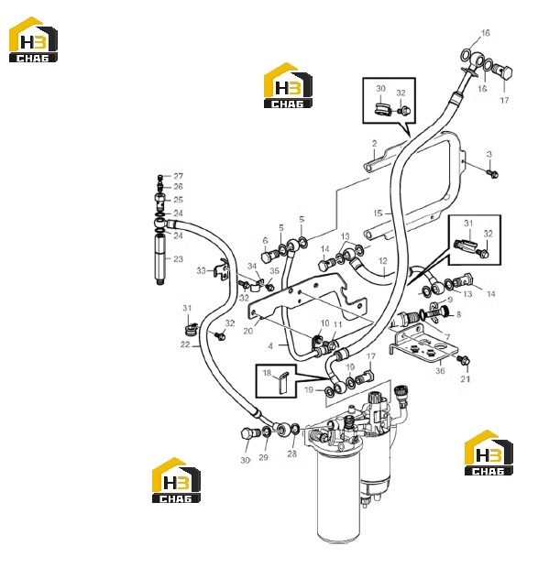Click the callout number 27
pyautogui.click(x=178, y=176)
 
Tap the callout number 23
pyautogui.click(x=178, y=259)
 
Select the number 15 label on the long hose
pyautogui.click(x=378, y=213)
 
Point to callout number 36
pyautogui.click(x=440, y=371)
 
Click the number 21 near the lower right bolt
pyautogui.click(x=466, y=379)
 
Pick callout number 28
pyautogui.click(x=292, y=453)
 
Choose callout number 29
pyautogui.click(x=263, y=457)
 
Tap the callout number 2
pyautogui.click(x=374, y=144)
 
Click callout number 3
pyautogui.click(x=489, y=154)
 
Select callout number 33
pyautogui.click(x=201, y=270)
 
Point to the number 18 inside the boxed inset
pyautogui.click(x=267, y=373)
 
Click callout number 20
pyautogui.click(x=248, y=331)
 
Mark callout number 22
pyautogui.click(x=185, y=344)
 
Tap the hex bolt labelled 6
pyautogui.click(x=268, y=257)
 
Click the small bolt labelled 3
pyautogui.click(x=493, y=174)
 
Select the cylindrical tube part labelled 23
pyautogui.click(x=160, y=260)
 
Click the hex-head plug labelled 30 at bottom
pyautogui.click(x=248, y=434)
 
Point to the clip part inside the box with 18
pyautogui.click(x=282, y=383)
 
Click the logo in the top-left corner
pyautogui.click(x=33, y=39)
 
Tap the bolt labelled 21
pyautogui.click(x=464, y=360)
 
